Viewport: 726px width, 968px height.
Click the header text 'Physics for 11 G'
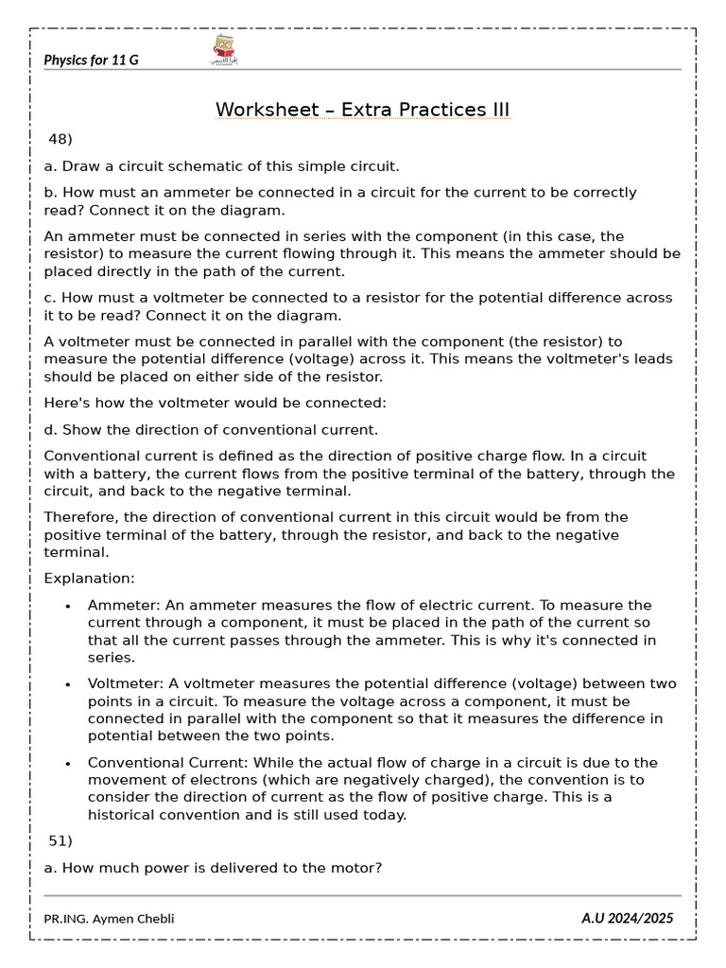pyautogui.click(x=91, y=60)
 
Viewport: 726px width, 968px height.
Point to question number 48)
pyautogui.click(x=60, y=140)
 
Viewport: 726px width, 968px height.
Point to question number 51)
pyautogui.click(x=60, y=840)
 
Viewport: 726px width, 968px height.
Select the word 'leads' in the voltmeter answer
pyautogui.click(x=651, y=358)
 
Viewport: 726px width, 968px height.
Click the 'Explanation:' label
pyautogui.click(x=90, y=579)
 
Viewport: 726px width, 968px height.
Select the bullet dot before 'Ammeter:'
pyautogui.click(x=67, y=606)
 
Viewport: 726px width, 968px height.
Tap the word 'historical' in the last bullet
pyautogui.click(x=126, y=816)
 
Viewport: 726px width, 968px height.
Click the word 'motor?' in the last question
pyautogui.click(x=357, y=867)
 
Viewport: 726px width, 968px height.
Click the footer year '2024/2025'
pyautogui.click(x=642, y=918)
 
